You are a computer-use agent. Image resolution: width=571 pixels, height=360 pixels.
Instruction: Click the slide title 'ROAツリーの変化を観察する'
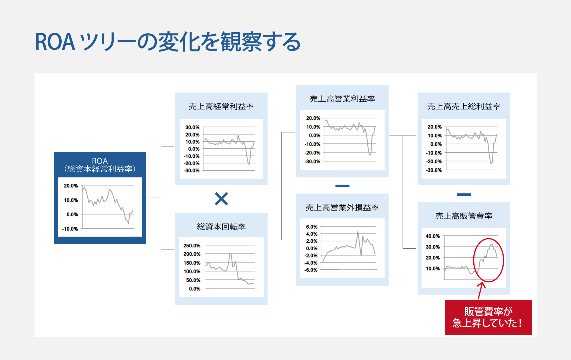point(168,42)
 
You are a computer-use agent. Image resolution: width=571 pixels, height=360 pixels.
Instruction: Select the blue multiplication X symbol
point(221,199)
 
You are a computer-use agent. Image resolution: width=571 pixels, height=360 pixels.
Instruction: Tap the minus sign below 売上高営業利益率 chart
point(342,186)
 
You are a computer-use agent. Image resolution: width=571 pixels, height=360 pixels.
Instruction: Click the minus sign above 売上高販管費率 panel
point(464,195)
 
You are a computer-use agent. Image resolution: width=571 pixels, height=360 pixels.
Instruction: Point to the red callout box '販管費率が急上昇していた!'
point(488,317)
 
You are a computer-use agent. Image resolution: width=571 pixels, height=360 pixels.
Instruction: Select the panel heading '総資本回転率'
point(221,227)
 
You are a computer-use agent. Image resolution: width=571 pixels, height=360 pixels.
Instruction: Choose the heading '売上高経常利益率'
point(221,106)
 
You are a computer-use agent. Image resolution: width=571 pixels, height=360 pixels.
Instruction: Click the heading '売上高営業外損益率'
point(342,207)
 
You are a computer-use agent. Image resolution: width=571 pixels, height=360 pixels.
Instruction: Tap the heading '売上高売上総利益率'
point(464,106)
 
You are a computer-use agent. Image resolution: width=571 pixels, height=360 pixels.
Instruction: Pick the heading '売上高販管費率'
point(464,216)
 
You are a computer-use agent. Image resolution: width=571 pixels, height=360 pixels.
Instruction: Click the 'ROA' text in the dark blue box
point(100,161)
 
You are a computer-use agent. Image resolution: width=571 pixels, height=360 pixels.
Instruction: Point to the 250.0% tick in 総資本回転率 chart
point(192,245)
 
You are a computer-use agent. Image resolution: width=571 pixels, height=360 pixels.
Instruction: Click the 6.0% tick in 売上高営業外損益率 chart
point(311,227)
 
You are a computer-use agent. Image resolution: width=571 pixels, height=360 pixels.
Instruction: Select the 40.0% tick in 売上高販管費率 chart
point(433,236)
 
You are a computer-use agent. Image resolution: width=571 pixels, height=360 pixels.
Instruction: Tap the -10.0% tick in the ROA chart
point(70,229)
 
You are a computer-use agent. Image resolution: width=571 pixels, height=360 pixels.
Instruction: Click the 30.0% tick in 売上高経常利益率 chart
point(192,127)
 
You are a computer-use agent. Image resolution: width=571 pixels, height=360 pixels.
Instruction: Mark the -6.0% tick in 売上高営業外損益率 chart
point(311,270)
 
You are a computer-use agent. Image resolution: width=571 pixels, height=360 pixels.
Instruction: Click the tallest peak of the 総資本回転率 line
point(230,253)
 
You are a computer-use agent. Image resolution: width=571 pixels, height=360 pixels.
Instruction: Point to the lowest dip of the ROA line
point(128,223)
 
